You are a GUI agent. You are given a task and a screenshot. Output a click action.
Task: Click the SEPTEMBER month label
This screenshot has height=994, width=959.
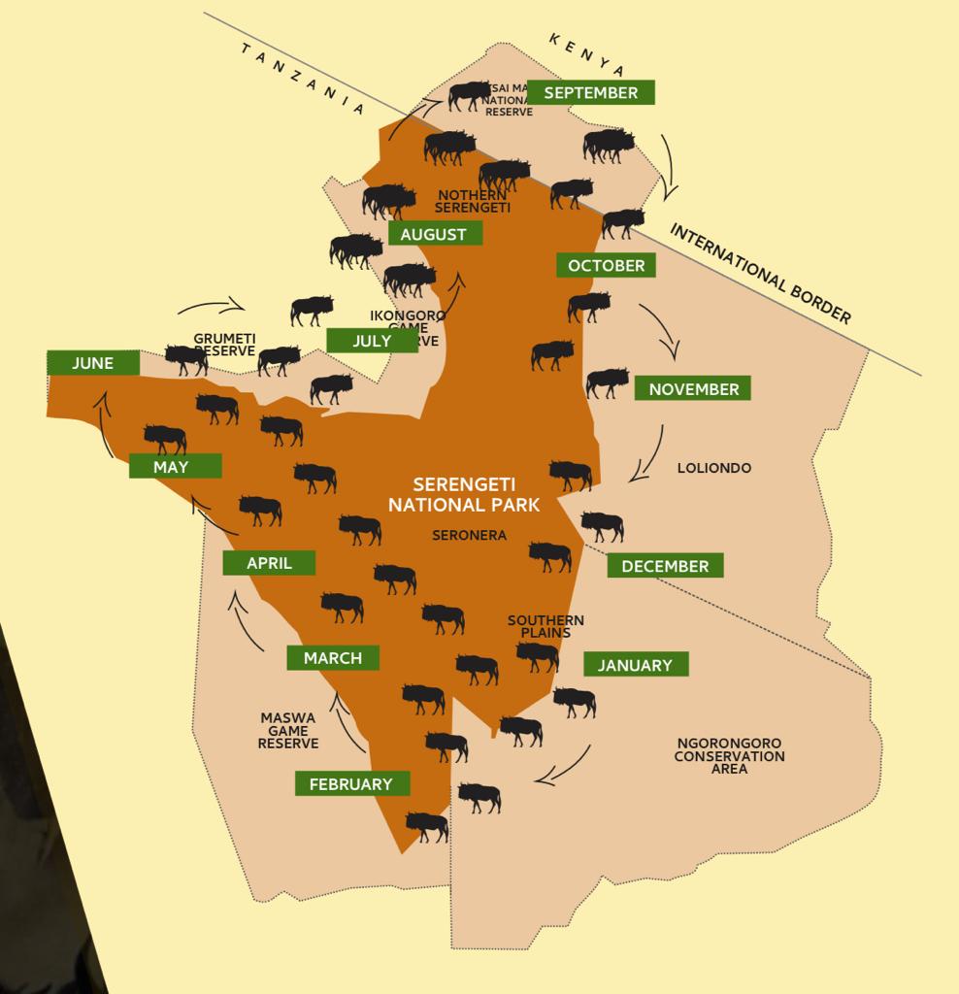pyautogui.click(x=590, y=92)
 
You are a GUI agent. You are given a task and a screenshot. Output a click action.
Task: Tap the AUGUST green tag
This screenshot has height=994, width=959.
pyautogui.click(x=434, y=234)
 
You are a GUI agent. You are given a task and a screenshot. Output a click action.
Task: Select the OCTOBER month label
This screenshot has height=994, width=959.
pyautogui.click(x=606, y=265)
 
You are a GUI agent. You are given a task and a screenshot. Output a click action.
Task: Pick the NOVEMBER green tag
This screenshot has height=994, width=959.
pyautogui.click(x=693, y=389)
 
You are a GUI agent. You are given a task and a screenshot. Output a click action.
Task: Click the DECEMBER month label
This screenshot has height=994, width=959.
pyautogui.click(x=665, y=566)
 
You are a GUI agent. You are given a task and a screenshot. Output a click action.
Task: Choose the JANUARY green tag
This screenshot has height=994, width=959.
pyautogui.click(x=635, y=665)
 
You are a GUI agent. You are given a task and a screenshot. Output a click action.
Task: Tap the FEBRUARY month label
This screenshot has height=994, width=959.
pyautogui.click(x=350, y=783)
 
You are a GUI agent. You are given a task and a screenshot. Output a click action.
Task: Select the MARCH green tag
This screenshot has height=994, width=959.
pyautogui.click(x=332, y=658)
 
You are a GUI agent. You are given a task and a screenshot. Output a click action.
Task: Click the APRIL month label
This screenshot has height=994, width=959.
pyautogui.click(x=269, y=563)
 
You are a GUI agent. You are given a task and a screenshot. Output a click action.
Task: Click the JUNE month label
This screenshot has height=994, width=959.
pyautogui.click(x=92, y=363)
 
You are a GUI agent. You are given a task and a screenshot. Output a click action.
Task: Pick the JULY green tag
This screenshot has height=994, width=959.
pyautogui.click(x=372, y=341)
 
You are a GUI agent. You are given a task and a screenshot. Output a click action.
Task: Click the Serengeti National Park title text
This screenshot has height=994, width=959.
pyautogui.click(x=464, y=494)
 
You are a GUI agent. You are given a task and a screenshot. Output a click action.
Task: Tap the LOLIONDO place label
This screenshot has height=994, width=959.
pyautogui.click(x=714, y=468)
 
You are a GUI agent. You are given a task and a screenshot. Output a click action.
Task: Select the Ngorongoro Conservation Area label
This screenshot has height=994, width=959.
pyautogui.click(x=729, y=755)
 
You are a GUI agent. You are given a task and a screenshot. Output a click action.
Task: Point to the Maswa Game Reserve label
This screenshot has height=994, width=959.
pyautogui.click(x=288, y=731)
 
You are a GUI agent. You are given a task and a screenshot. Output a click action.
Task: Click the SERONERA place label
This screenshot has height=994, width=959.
pyautogui.click(x=469, y=535)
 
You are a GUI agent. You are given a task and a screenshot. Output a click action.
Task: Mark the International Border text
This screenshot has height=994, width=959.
pyautogui.click(x=760, y=274)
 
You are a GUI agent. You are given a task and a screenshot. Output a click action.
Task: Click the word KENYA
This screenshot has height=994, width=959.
pyautogui.click(x=586, y=53)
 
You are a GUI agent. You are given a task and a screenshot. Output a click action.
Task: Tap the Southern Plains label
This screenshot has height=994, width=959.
pyautogui.click(x=546, y=626)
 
